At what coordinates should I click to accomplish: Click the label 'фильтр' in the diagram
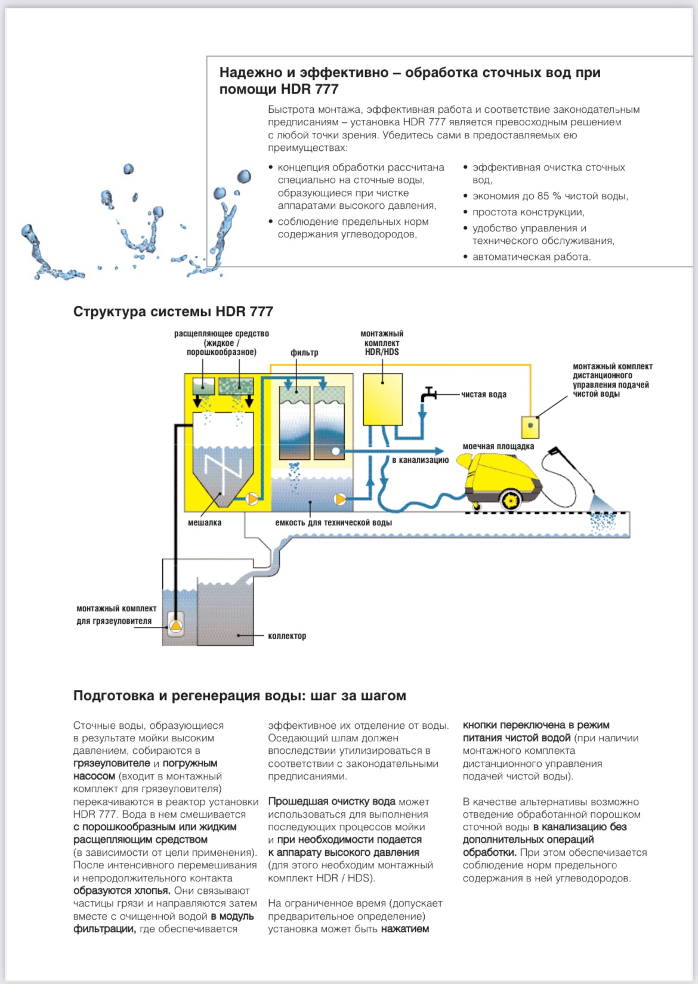304,352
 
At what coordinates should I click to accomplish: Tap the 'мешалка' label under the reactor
205,522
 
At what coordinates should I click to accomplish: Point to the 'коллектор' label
287,636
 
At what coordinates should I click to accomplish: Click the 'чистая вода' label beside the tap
483,394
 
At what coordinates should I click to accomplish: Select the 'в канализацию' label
420,460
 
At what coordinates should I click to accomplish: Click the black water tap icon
428,394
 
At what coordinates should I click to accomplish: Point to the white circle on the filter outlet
336,451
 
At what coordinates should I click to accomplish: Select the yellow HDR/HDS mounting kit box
382,399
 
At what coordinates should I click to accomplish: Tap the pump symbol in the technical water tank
340,499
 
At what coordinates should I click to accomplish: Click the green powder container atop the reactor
236,386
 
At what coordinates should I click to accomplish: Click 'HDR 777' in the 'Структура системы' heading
245,311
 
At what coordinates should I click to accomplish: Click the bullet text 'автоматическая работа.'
532,257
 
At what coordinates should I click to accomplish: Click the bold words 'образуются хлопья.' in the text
122,890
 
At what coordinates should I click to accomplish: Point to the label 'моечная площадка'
498,446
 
